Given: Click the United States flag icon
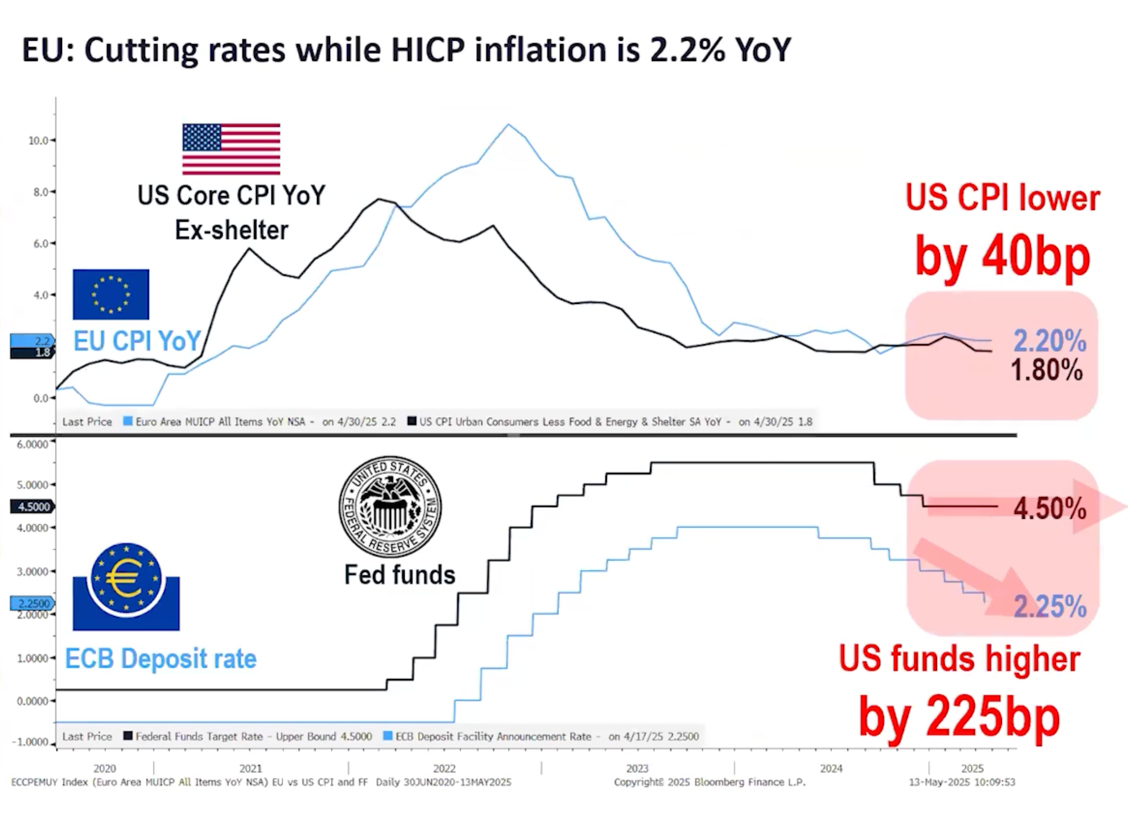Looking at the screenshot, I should point(231,148).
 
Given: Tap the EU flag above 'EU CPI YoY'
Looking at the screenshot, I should point(111,294).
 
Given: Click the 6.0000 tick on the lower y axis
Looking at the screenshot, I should point(33,444).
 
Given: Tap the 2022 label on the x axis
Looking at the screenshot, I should point(444,768).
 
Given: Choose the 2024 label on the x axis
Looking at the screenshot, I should point(831,768).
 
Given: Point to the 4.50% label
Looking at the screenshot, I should point(1050,509).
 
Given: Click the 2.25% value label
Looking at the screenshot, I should point(1050,606).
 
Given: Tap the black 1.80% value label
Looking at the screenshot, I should point(1046,370).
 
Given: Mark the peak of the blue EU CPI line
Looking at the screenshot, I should point(509,125).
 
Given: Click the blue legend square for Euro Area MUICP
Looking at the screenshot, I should point(128,421).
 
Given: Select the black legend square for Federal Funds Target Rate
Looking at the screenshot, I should point(128,736).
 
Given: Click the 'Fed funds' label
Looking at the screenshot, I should point(400,575).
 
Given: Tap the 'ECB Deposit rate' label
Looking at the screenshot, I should point(161,659).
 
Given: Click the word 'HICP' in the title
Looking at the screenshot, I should point(427,50).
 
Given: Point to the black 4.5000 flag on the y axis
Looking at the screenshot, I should point(33,507).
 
